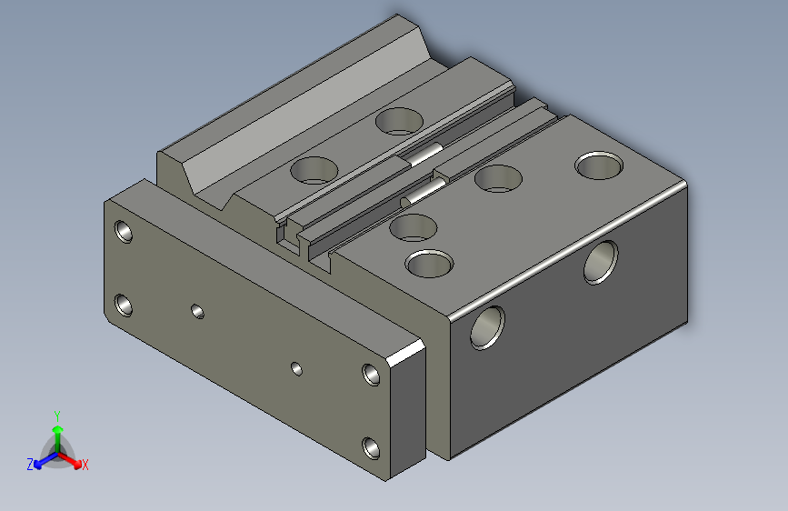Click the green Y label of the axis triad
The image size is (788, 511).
click(x=56, y=415)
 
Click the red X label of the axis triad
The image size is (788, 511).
click(x=85, y=465)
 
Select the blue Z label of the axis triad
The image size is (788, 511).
click(x=30, y=464)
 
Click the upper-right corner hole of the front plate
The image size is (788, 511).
click(x=371, y=374)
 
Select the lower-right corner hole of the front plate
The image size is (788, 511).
click(x=371, y=446)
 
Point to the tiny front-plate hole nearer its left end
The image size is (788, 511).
click(x=197, y=311)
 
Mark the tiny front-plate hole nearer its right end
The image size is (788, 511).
click(x=295, y=368)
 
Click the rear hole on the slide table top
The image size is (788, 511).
click(x=400, y=120)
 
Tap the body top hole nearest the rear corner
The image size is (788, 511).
click(x=600, y=165)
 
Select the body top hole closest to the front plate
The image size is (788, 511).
click(x=429, y=264)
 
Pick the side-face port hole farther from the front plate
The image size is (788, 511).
click(x=601, y=262)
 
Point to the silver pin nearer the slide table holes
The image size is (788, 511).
click(x=424, y=155)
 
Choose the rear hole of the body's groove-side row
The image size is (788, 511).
click(x=497, y=178)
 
